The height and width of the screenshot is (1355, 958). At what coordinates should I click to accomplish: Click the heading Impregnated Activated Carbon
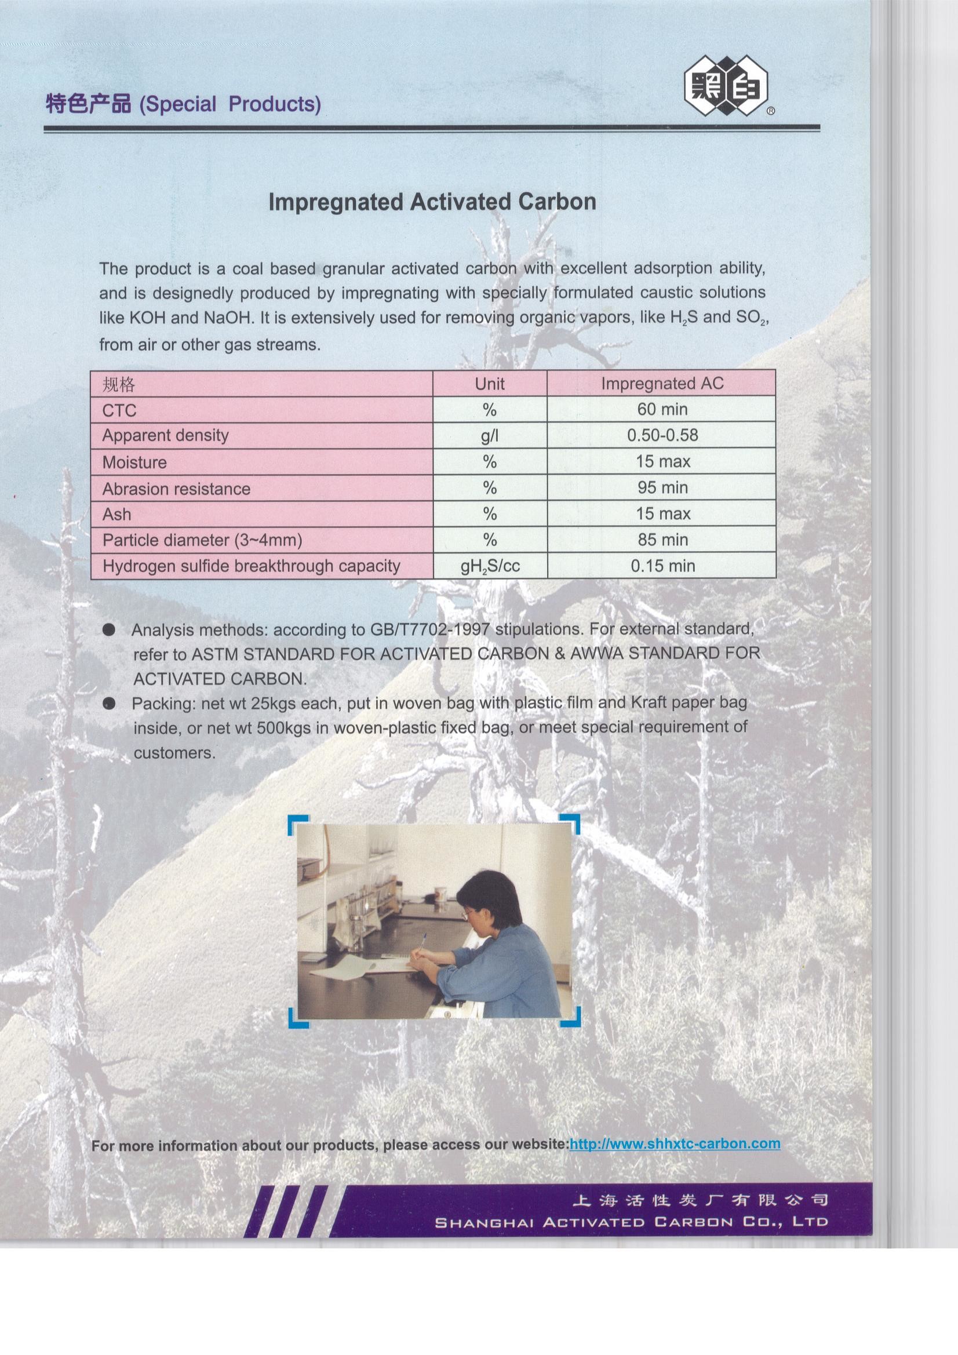point(432,202)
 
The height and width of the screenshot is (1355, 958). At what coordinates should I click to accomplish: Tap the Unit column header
point(489,384)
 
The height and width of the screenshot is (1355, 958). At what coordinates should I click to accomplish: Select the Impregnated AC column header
point(662,384)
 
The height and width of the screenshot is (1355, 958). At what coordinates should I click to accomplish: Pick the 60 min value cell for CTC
point(662,409)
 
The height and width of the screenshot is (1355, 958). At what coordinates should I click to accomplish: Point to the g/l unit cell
point(489,436)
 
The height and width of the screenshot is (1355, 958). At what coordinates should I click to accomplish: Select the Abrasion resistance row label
point(176,489)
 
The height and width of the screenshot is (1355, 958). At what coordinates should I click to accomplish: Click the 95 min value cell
point(662,487)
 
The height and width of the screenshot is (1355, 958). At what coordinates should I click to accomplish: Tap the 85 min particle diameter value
point(662,540)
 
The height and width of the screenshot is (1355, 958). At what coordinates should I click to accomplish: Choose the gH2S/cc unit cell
point(490,567)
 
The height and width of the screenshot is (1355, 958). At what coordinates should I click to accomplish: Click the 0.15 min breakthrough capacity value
point(662,566)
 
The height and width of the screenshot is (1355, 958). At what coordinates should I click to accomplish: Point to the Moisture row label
point(134,462)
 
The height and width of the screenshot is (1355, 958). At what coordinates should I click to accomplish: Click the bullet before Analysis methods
point(108,630)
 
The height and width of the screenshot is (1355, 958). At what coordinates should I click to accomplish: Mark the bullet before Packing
point(108,703)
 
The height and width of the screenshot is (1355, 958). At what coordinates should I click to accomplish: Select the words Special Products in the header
point(230,104)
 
